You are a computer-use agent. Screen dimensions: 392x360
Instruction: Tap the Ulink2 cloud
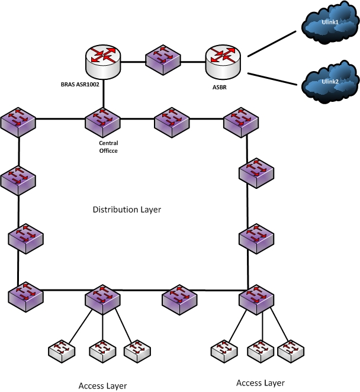click(x=330, y=82)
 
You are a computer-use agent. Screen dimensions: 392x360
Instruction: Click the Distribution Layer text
click(x=127, y=210)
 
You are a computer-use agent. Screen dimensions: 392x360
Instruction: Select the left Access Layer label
click(x=102, y=385)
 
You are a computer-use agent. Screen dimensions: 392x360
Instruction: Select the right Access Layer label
click(x=260, y=383)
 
